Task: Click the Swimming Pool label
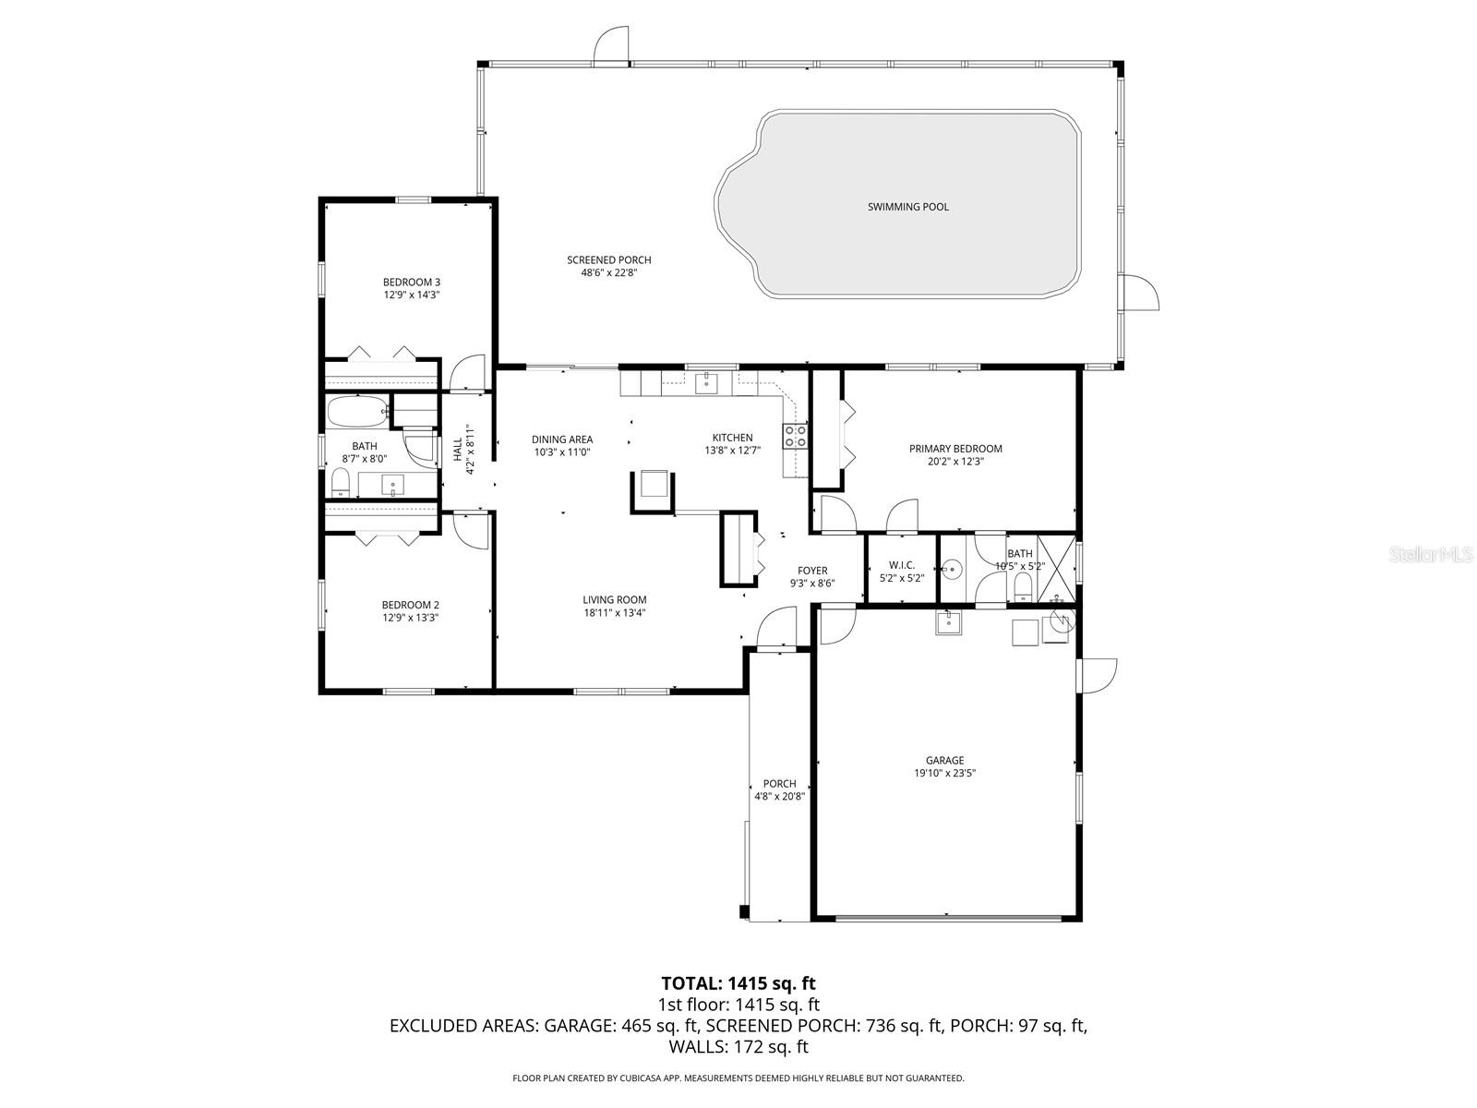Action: click(907, 207)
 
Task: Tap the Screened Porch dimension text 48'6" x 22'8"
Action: click(609, 273)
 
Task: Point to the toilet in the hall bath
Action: click(340, 482)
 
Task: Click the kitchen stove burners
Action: click(795, 436)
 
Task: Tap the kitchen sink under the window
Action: click(706, 381)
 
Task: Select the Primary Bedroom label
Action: click(955, 449)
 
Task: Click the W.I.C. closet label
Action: click(902, 564)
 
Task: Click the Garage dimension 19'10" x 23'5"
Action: click(944, 774)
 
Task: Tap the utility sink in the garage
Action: click(949, 623)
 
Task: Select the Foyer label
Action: click(812, 571)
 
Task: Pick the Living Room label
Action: click(614, 599)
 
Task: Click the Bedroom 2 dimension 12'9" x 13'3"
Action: click(411, 618)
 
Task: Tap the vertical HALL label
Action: click(458, 450)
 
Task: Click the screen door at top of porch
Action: click(611, 44)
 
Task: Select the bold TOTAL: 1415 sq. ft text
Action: click(738, 983)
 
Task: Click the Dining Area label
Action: click(562, 440)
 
